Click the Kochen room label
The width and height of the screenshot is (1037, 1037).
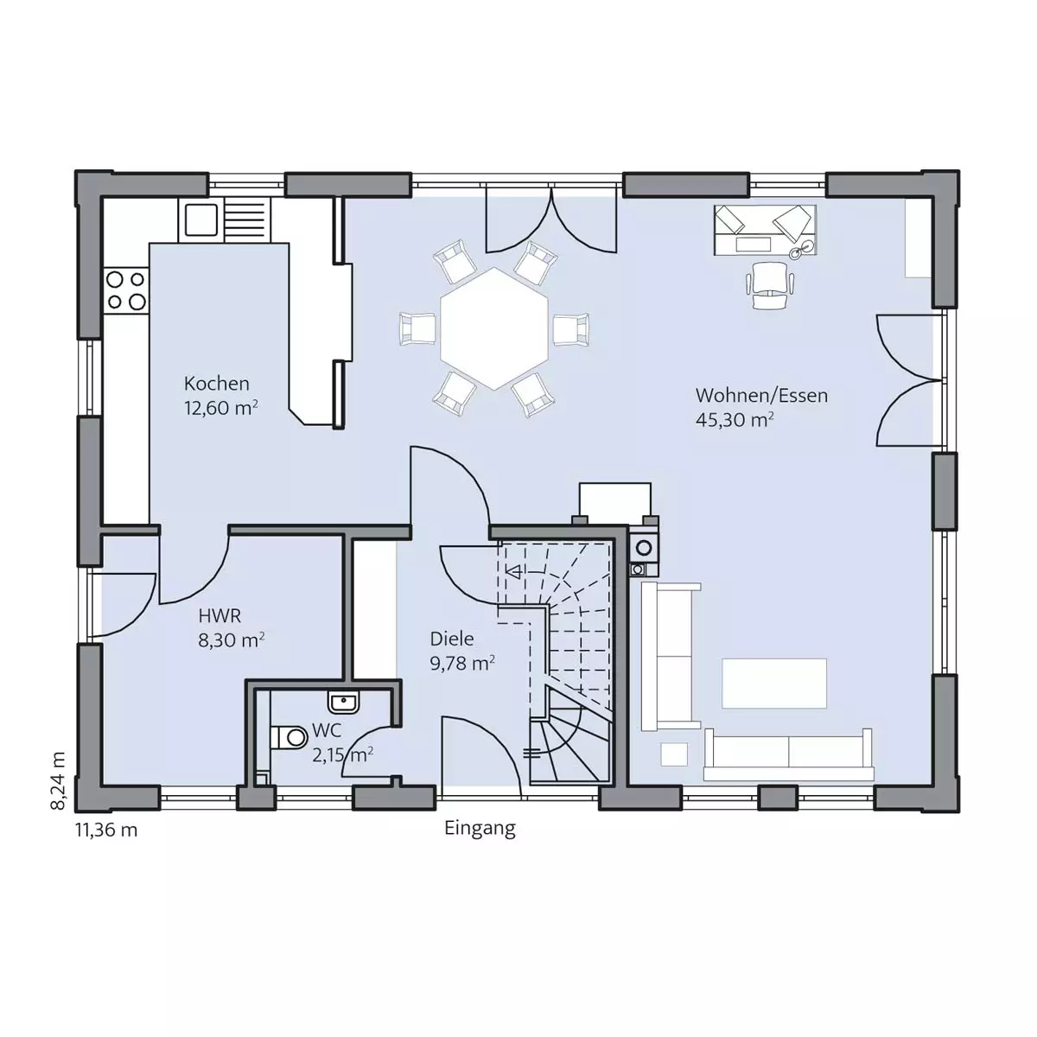[x=216, y=384]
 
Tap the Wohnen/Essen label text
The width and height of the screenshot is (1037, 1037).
[x=761, y=396]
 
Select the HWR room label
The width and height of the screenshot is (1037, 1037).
[x=219, y=615]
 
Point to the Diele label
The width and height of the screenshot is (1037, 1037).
[x=451, y=639]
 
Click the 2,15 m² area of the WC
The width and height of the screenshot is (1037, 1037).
[x=343, y=755]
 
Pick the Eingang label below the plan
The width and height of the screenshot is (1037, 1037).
[x=480, y=829]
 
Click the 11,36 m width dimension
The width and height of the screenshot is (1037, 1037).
[x=106, y=830]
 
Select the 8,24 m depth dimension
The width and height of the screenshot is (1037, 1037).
[x=58, y=781]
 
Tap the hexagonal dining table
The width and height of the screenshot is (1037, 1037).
[x=493, y=328]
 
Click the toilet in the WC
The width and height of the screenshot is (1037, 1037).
[x=289, y=737]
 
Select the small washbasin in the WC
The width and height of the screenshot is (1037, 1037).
[x=343, y=703]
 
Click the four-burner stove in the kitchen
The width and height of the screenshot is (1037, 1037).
[x=126, y=290]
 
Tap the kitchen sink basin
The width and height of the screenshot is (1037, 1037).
[x=200, y=220]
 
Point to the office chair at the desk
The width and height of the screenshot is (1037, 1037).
[x=770, y=286]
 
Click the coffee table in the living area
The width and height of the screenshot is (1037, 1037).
[x=773, y=683]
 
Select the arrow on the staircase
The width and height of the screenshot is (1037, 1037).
[x=515, y=571]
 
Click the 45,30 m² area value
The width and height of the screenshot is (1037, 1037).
[x=735, y=419]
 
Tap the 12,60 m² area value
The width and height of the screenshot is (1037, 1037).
[x=220, y=407]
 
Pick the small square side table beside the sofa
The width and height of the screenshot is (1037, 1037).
[x=674, y=754]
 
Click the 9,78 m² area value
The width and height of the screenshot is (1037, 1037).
[x=462, y=663]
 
